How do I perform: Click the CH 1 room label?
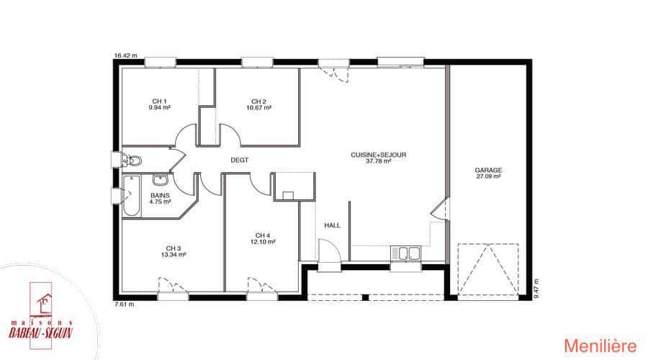(x=160, y=102)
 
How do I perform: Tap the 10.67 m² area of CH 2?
(x=258, y=108)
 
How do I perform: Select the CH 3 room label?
(x=173, y=248)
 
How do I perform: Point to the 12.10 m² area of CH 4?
(x=263, y=242)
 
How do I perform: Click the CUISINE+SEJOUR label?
(x=379, y=155)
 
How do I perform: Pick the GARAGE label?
(x=488, y=171)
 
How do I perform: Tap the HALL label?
(x=332, y=225)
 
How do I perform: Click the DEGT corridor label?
(x=240, y=160)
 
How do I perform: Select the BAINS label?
(x=160, y=196)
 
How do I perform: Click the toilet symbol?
(x=132, y=161)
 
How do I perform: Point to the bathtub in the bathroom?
(x=132, y=196)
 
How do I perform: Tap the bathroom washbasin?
(x=160, y=180)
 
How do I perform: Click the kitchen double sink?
(x=406, y=253)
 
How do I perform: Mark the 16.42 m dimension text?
(x=125, y=55)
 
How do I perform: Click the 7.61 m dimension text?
(x=125, y=305)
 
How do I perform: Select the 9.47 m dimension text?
(x=536, y=289)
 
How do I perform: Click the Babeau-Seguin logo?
(x=41, y=316)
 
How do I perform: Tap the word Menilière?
(x=600, y=346)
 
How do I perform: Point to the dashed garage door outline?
(x=488, y=269)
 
